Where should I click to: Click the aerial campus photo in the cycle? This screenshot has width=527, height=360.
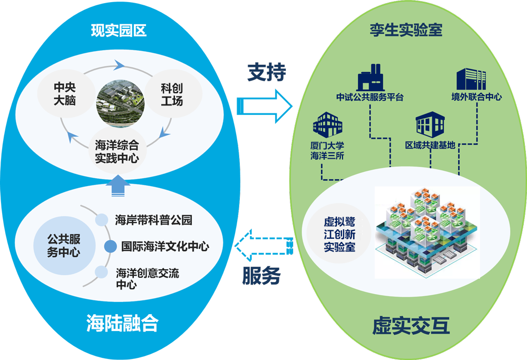tap(120, 101)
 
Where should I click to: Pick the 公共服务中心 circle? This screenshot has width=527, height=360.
tap(63, 246)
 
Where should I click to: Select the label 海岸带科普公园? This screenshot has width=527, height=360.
tap(153, 220)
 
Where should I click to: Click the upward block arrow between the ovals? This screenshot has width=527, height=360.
tap(119, 187)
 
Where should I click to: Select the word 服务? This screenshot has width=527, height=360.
tap(261, 276)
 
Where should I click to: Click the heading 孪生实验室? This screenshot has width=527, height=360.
tap(406, 30)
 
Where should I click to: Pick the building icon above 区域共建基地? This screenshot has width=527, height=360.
tap(430, 124)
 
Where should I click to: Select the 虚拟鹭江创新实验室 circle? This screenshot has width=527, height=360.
tap(339, 235)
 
